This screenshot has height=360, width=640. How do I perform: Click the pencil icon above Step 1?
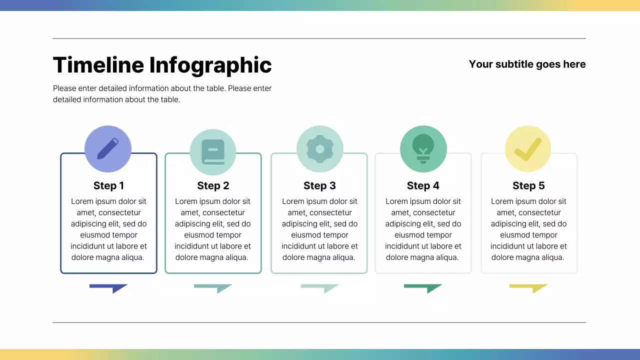[108, 149]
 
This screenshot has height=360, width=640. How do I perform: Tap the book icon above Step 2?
[213, 152]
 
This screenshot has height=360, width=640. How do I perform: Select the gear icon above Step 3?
[320, 149]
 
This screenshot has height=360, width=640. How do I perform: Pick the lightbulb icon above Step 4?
[423, 148]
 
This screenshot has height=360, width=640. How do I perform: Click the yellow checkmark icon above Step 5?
[528, 149]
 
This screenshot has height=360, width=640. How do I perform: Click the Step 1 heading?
[108, 186]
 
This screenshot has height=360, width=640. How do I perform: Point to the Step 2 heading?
[213, 186]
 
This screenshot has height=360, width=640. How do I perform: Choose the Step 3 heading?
[319, 186]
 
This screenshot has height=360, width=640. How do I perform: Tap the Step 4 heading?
[423, 186]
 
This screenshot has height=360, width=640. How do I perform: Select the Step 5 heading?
[528, 186]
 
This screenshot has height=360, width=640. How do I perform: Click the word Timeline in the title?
[98, 65]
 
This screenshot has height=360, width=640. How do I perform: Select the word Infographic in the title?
[210, 65]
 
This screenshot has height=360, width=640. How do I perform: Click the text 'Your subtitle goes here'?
[527, 64]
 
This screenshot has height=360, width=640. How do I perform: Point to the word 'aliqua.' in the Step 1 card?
[131, 257]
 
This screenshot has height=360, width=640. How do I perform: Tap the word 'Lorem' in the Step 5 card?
[502, 201]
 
